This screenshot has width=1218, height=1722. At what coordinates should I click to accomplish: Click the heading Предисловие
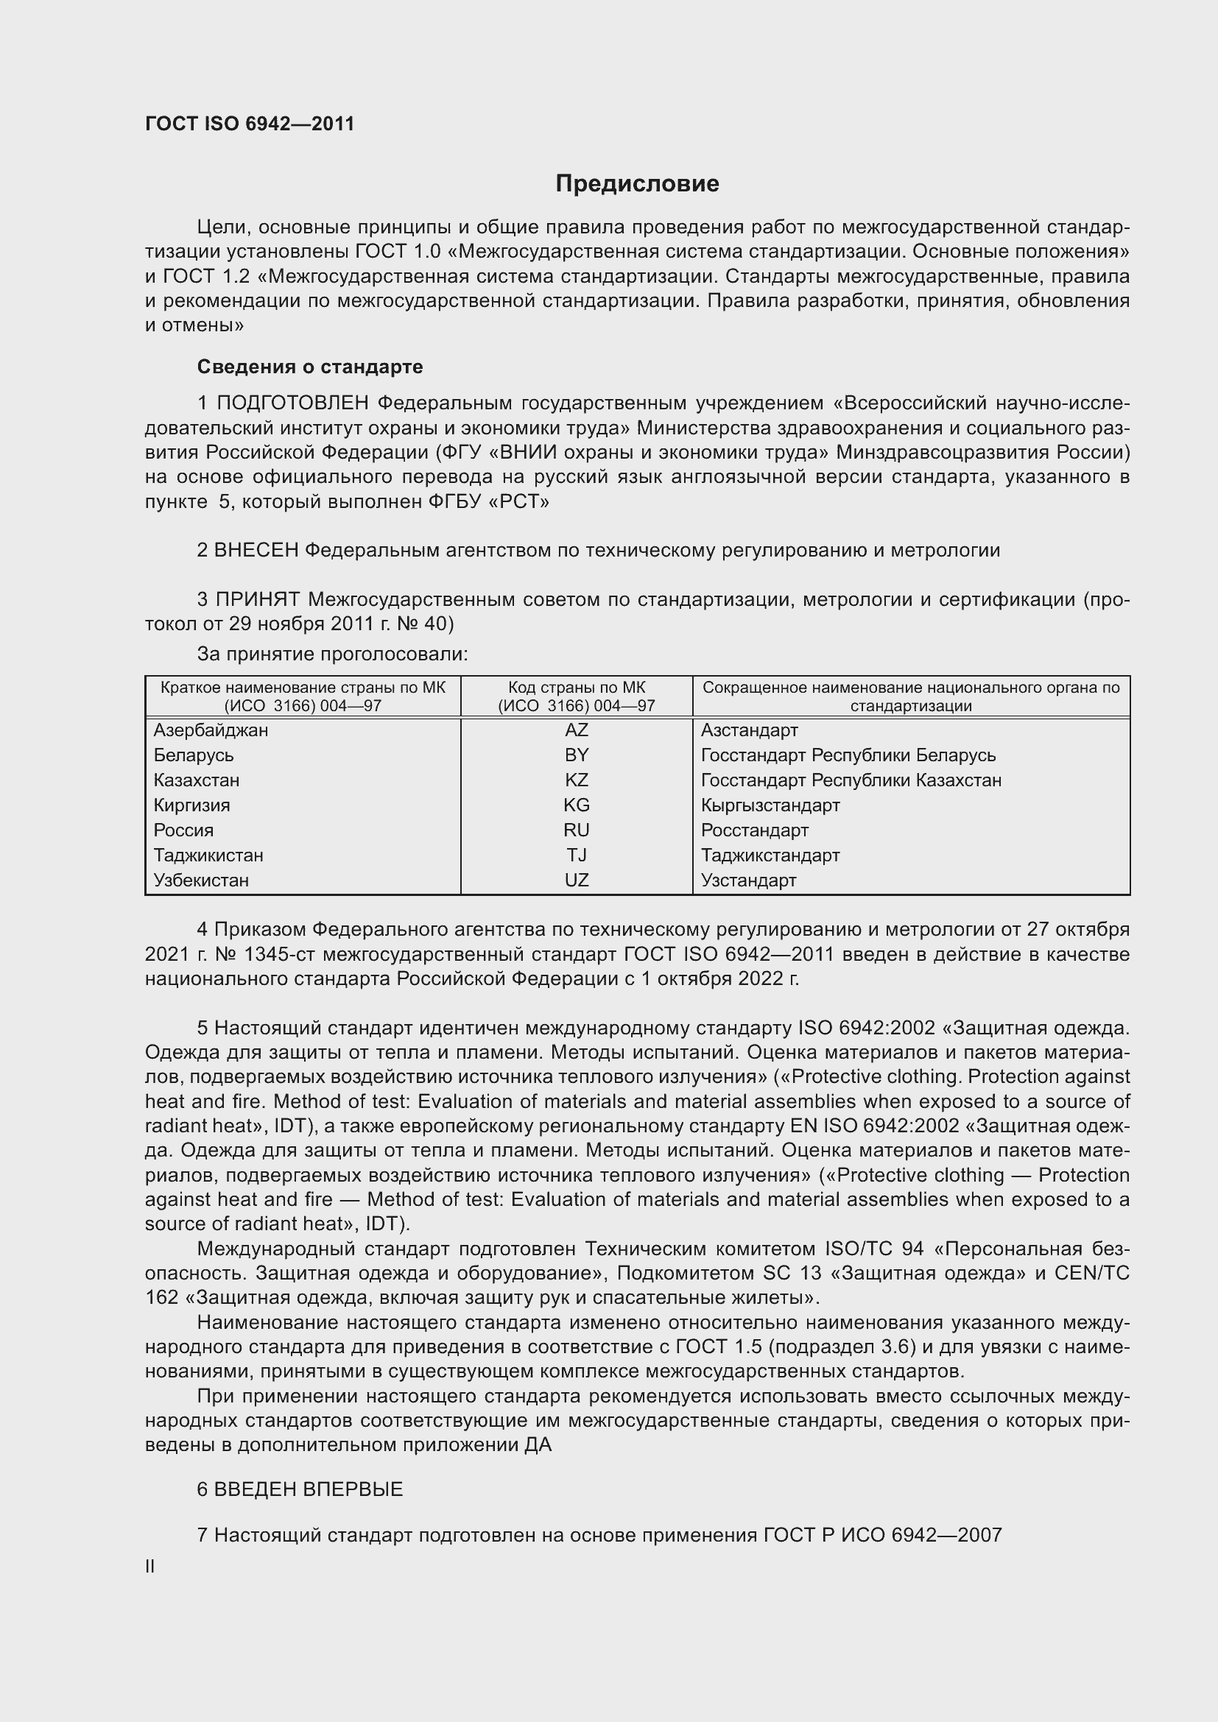tap(637, 184)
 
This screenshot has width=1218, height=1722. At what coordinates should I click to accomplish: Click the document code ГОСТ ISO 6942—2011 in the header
tap(250, 124)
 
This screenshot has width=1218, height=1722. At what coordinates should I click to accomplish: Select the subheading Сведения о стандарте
tap(310, 367)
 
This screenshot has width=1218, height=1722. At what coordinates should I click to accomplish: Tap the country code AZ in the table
tap(576, 730)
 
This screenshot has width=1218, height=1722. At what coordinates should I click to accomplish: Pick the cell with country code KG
tap(576, 805)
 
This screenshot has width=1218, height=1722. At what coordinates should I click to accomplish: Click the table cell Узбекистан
tap(201, 880)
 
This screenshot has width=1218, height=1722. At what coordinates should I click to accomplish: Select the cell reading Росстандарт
tap(755, 830)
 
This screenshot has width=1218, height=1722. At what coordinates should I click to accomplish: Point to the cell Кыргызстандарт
tap(770, 805)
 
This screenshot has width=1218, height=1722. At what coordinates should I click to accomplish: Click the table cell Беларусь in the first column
tap(194, 755)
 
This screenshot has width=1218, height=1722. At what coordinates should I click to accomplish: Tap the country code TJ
tap(576, 855)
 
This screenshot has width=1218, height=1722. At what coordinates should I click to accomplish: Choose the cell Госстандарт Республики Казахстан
tap(851, 780)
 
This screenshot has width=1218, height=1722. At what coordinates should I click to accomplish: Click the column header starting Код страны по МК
tap(576, 696)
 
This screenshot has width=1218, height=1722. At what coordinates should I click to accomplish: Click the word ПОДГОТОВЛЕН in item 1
tap(292, 403)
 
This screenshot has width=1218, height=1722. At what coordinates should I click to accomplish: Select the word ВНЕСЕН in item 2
tap(256, 551)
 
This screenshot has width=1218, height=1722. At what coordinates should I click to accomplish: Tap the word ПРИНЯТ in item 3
tap(257, 599)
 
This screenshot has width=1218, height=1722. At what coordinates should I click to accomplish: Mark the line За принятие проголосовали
tap(332, 654)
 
